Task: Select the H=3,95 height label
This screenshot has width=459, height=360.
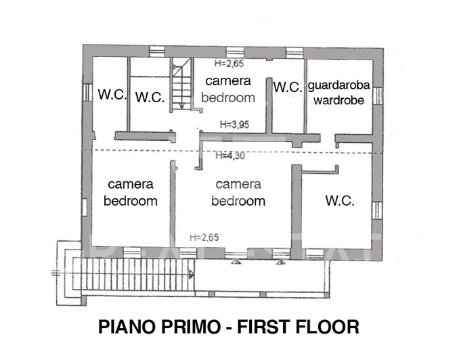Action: pyautogui.click(x=236, y=125)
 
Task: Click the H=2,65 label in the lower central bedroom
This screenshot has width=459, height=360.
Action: pyautogui.click(x=204, y=237)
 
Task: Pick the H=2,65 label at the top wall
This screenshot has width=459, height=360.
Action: pyautogui.click(x=228, y=64)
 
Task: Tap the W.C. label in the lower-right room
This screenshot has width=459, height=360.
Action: pyautogui.click(x=341, y=200)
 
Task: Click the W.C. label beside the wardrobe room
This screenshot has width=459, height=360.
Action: pyautogui.click(x=288, y=87)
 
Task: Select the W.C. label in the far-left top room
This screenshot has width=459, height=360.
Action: pyautogui.click(x=112, y=95)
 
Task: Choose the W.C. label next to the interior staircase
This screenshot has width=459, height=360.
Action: pyautogui.click(x=150, y=97)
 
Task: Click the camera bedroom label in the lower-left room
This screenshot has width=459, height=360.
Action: pyautogui.click(x=131, y=192)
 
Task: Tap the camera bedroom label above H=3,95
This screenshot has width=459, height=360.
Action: pyautogui.click(x=228, y=89)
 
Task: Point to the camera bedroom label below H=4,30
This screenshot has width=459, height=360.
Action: pyautogui.click(x=238, y=192)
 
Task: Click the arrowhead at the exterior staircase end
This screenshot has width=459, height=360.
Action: pyautogui.click(x=192, y=275)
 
